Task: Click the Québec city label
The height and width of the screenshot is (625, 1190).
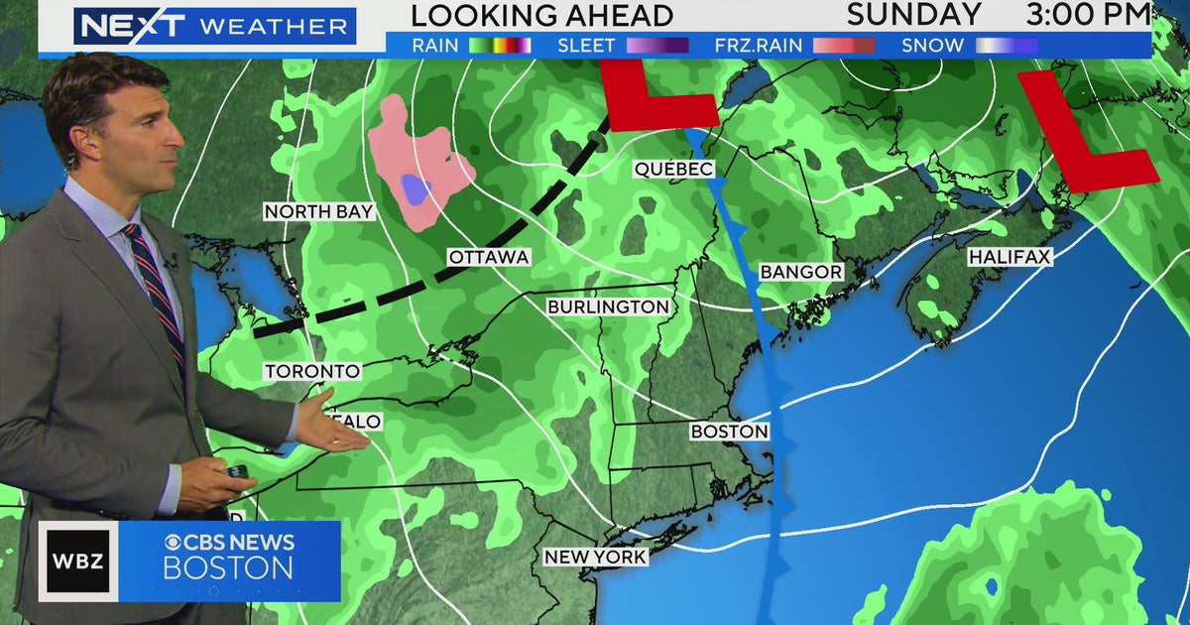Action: coord(674,170)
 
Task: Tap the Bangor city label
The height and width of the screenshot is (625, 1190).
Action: coord(801,272)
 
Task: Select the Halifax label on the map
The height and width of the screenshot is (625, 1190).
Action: coord(1010,257)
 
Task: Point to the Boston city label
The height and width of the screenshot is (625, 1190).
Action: coord(730,432)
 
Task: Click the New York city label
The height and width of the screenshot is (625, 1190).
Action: coord(596,558)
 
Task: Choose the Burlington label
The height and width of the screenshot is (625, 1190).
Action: coord(609,308)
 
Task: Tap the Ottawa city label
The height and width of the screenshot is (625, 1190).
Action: coord(489,257)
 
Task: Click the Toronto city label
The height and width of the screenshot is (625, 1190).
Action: coord(311,371)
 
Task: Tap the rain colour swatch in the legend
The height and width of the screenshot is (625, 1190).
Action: coord(500,46)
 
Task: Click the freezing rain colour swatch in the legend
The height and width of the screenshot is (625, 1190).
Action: coord(844,46)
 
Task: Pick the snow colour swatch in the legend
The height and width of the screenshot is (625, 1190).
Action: coord(1006,46)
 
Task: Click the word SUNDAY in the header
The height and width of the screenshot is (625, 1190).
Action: coord(914,15)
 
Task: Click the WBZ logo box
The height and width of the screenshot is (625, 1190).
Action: coord(78,562)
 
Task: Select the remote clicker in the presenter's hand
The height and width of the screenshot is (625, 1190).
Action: coord(238,471)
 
